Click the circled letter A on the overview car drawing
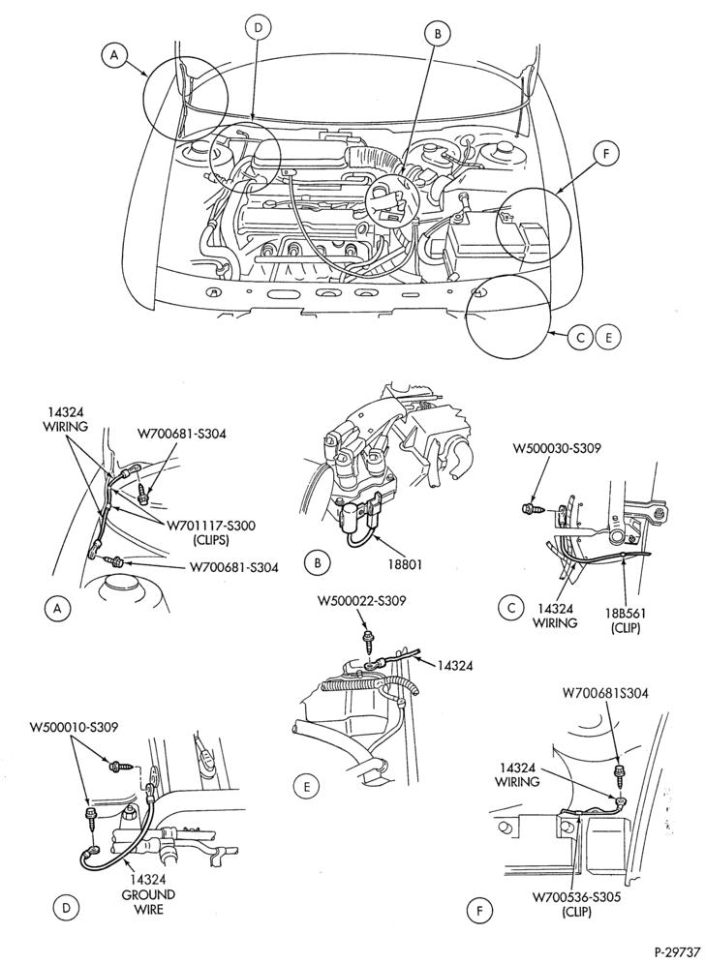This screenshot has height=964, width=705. coord(114,55)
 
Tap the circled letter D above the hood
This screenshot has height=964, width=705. coord(258,28)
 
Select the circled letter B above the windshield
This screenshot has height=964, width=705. coord(438,35)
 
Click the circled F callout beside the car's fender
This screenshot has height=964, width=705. coord(606,155)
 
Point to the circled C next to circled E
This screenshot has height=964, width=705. coord(581,338)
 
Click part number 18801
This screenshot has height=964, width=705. coord(406,563)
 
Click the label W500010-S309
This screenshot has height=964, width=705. coord(74,727)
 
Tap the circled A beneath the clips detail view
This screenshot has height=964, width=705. coord(56,608)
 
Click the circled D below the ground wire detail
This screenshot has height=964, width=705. coord(66,906)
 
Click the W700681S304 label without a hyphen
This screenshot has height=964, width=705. coord(604,694)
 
